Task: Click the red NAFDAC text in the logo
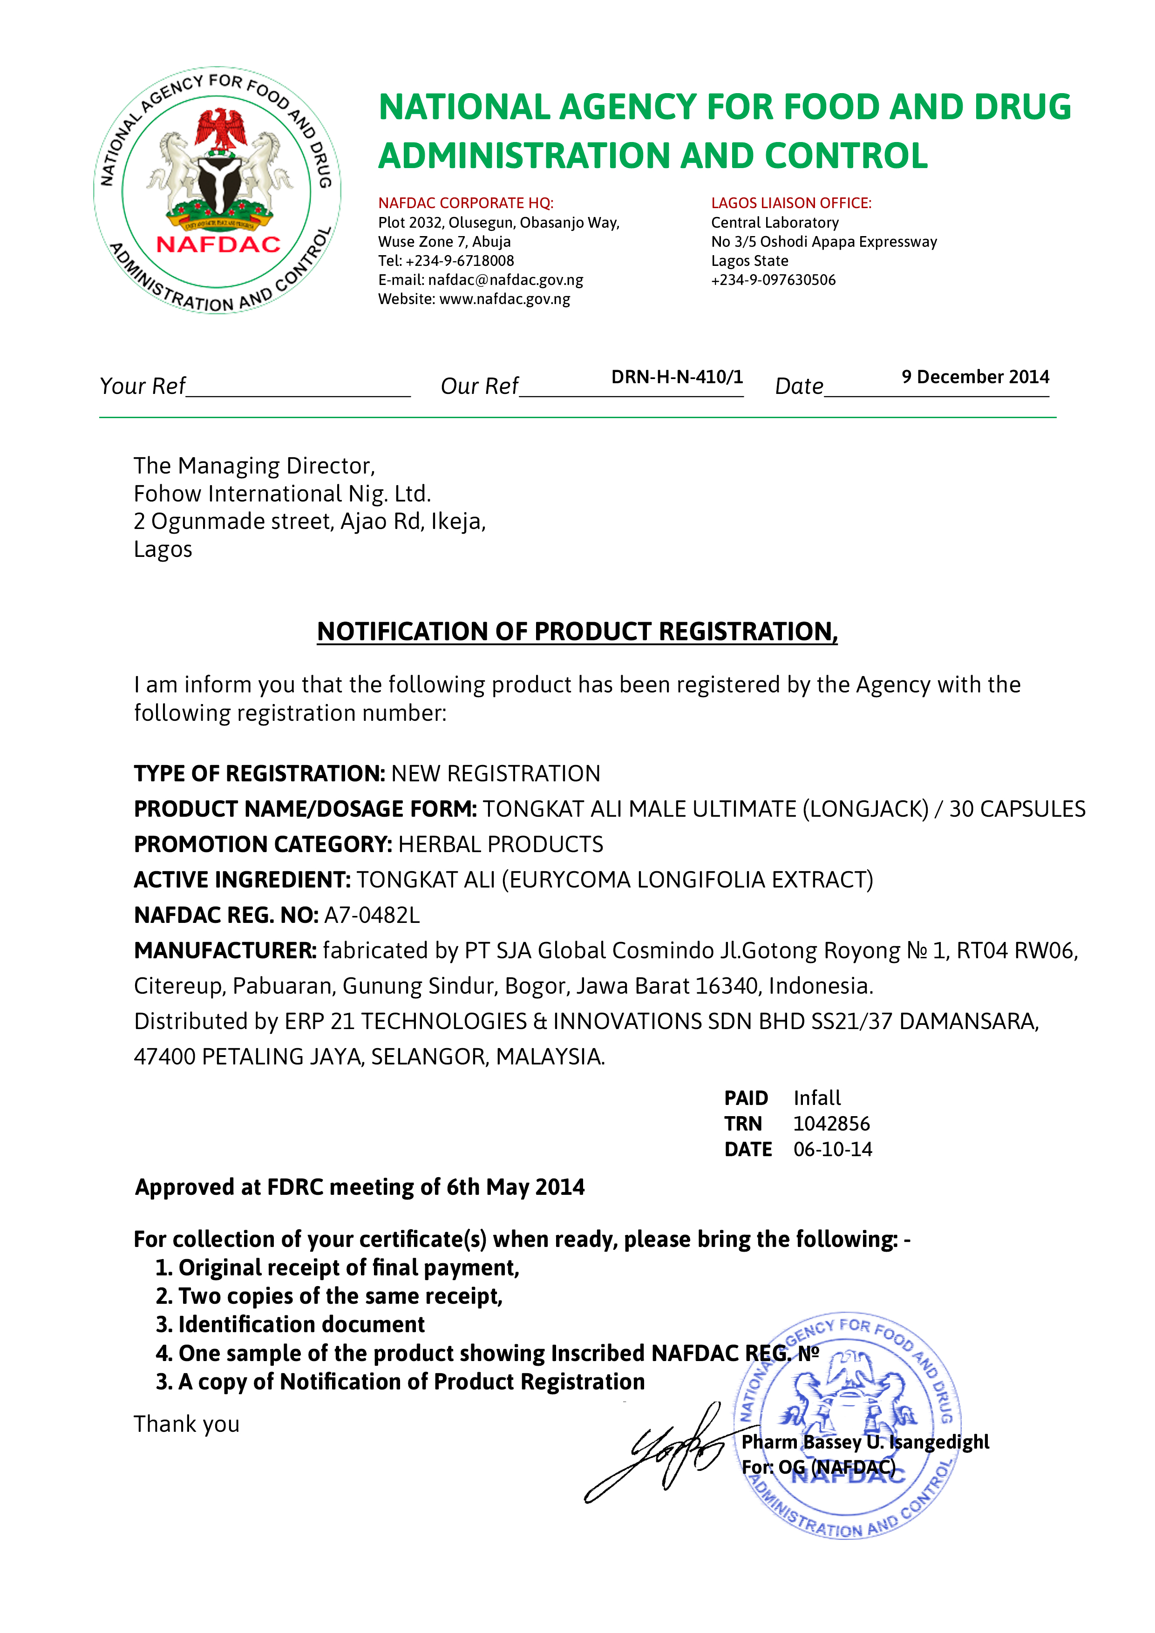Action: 218,244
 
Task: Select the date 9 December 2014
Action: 975,377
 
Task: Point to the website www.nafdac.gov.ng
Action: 504,299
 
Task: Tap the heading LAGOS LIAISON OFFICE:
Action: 791,203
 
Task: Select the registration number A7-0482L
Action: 372,915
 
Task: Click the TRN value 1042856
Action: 831,1124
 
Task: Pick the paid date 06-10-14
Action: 832,1149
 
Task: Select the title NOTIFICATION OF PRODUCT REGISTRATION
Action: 577,631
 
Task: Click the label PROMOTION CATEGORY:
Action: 262,844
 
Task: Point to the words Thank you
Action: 186,1424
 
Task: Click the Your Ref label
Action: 142,386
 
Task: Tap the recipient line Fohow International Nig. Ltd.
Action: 282,494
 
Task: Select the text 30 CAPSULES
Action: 1017,809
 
